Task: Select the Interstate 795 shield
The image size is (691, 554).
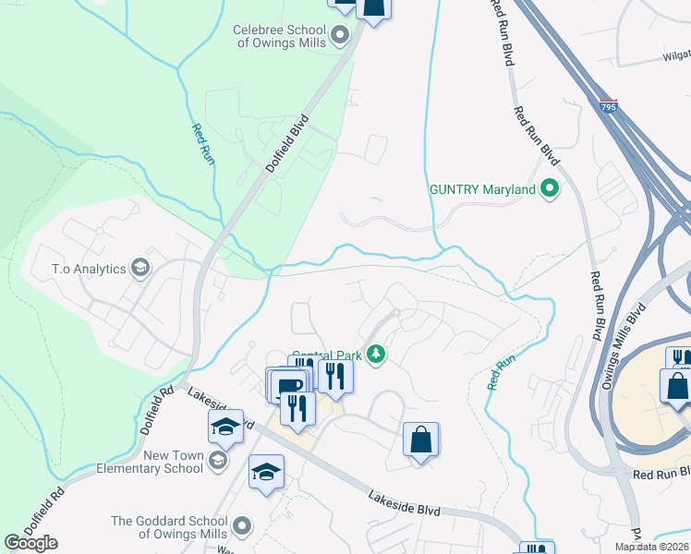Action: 607,107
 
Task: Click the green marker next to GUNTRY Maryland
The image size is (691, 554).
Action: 551,189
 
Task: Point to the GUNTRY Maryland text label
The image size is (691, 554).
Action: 483,189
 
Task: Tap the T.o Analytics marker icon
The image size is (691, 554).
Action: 140,269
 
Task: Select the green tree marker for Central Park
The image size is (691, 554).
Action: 376,354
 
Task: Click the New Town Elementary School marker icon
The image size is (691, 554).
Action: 218,460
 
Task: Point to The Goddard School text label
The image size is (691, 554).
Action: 170,527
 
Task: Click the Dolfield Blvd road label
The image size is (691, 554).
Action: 286,145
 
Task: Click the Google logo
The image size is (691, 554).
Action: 31,543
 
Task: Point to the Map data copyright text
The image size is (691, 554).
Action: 651,547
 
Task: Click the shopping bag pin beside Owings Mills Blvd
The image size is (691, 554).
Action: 676,385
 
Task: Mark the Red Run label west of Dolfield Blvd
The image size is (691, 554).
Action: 203,145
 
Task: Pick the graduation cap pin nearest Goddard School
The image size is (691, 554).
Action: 265,472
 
